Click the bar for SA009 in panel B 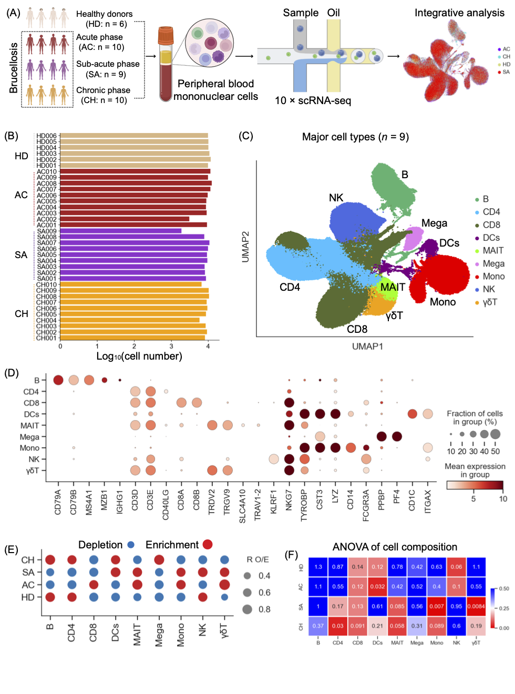tap(121, 231)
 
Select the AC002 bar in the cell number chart tap(125, 219)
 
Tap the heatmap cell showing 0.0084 tap(476, 606)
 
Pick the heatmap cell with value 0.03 tap(338, 626)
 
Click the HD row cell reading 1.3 tap(318, 567)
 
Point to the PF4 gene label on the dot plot tap(397, 497)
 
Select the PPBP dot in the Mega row tap(382, 436)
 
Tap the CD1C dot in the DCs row tap(413, 414)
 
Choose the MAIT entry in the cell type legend tap(493, 251)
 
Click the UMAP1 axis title tap(367, 346)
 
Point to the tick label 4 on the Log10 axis tap(208, 346)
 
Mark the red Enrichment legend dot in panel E tap(208, 545)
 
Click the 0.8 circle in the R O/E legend tap(248, 609)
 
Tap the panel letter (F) tap(291, 555)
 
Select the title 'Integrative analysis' tap(459, 13)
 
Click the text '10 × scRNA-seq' tap(313, 100)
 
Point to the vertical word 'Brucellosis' tap(14, 68)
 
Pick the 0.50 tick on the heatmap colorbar tap(503, 589)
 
